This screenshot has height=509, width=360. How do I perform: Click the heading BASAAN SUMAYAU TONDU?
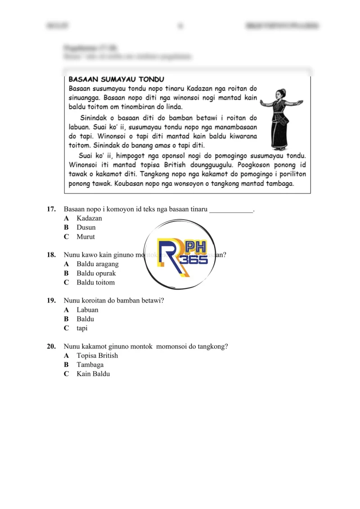(116, 79)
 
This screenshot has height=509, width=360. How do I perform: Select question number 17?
(51, 209)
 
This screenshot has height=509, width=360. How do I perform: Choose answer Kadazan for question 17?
(89, 218)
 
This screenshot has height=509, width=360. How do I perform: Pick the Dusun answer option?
(86, 228)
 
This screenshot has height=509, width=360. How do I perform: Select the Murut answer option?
(85, 237)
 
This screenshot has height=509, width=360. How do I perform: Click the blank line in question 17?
(231, 210)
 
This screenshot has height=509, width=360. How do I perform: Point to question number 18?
(51, 255)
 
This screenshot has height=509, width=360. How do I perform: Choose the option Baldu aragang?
(97, 264)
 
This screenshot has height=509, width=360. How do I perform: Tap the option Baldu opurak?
(96, 273)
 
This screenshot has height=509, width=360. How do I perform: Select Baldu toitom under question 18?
(95, 283)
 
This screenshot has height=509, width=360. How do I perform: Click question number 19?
(51, 301)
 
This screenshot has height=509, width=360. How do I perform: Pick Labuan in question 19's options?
(87, 310)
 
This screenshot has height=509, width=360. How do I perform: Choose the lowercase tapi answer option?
(82, 328)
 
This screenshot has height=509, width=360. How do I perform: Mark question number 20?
(51, 347)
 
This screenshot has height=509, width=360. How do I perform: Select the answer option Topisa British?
(97, 356)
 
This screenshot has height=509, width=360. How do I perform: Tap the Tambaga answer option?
(90, 365)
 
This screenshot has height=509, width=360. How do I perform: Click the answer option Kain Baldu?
(93, 374)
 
